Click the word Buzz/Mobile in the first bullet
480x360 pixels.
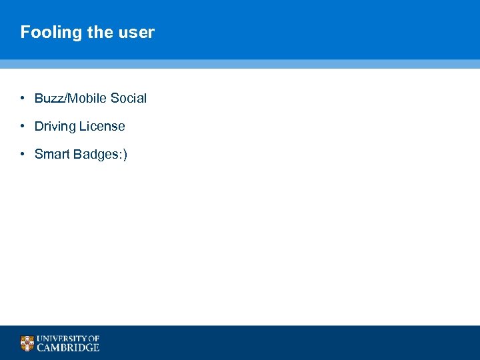pos(71,99)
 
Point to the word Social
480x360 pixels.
pos(128,99)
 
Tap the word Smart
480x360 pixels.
pos(52,155)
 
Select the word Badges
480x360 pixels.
pos(95,155)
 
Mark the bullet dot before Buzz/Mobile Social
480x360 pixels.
pos(22,98)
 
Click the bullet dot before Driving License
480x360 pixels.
pos(22,126)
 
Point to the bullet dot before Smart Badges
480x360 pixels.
pos(22,154)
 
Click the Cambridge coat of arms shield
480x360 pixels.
pos(27,343)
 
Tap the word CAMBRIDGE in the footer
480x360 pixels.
pos(68,347)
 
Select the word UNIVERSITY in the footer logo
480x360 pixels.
pos(61,339)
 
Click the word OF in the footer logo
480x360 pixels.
pos(93,339)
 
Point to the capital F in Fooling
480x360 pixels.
pos(25,33)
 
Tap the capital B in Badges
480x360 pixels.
pos(77,155)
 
